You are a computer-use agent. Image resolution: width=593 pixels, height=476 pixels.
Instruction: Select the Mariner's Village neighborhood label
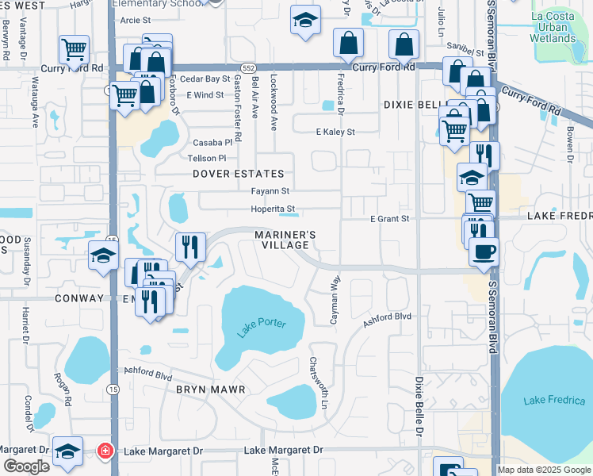tap(285, 240)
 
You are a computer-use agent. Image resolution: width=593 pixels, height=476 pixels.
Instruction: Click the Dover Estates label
tap(238, 174)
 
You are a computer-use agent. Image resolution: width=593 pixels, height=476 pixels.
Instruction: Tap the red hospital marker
tap(104, 451)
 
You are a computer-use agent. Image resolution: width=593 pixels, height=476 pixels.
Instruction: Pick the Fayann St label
tap(270, 191)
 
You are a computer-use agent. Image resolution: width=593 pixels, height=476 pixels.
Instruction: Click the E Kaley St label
tap(335, 132)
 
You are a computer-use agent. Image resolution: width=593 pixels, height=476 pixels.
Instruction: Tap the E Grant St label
tap(389, 218)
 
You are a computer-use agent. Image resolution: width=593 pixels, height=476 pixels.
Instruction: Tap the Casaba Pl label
tap(212, 143)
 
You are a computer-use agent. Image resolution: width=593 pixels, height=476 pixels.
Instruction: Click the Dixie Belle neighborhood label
tap(412, 104)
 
